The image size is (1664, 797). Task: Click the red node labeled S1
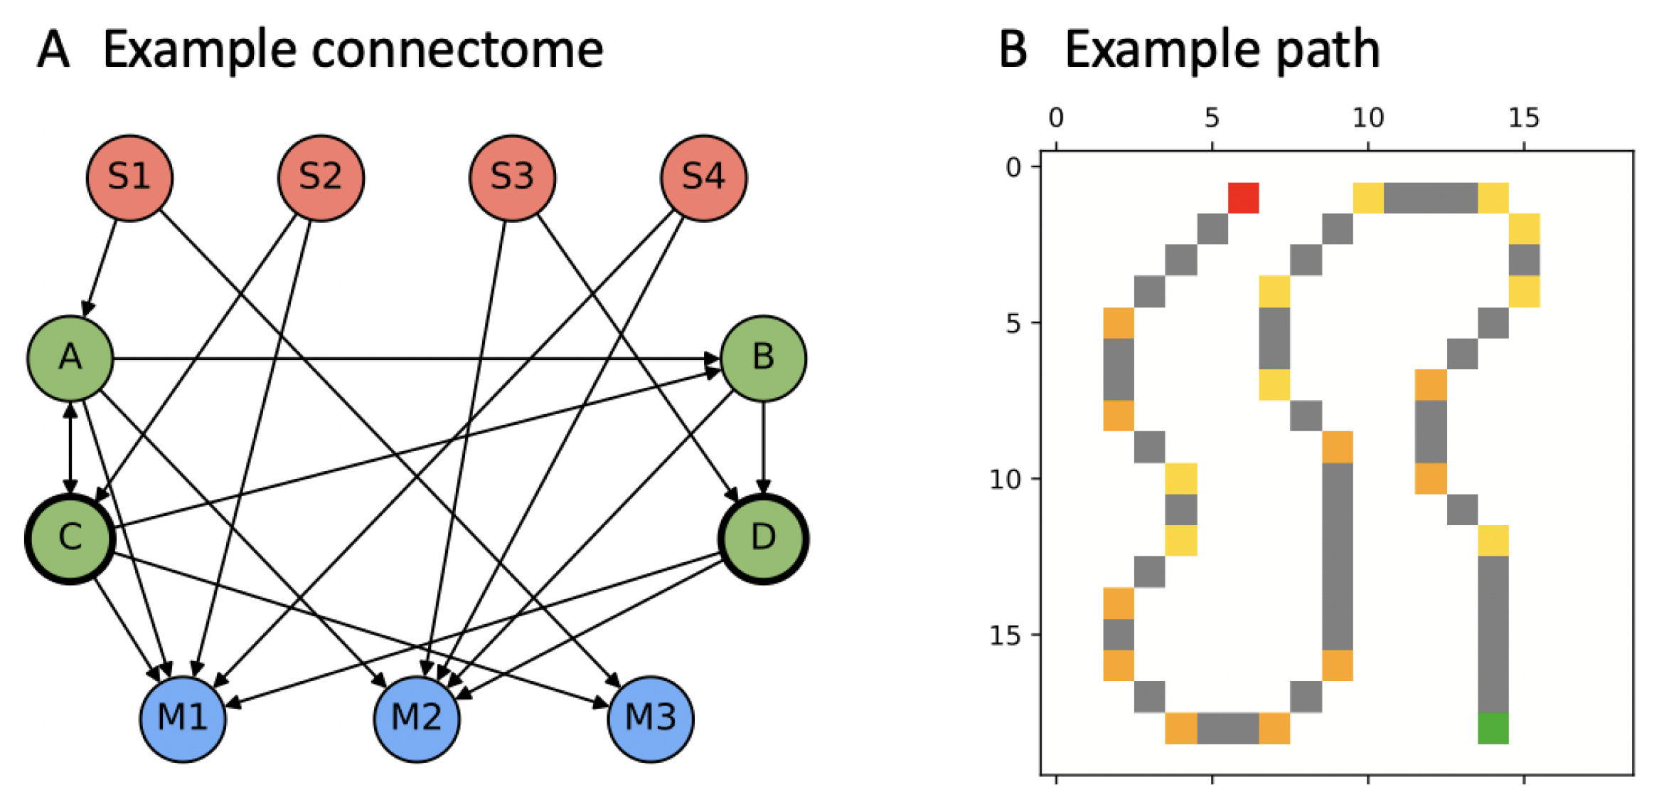click(129, 178)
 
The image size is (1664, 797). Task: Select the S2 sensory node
click(321, 178)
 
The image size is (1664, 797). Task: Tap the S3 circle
click(512, 178)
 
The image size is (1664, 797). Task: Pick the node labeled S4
click(703, 178)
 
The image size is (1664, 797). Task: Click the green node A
click(70, 358)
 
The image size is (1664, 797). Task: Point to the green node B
click(763, 358)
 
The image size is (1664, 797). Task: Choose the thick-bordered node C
click(70, 538)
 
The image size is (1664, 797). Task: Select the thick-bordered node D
click(763, 538)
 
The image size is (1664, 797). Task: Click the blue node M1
click(183, 718)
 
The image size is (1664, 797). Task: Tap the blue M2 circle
click(417, 718)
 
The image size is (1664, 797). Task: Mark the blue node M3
click(651, 718)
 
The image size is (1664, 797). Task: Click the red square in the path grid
click(1243, 198)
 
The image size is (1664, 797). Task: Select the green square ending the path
click(1493, 728)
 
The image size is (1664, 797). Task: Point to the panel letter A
click(54, 50)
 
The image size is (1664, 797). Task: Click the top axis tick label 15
click(1524, 117)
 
